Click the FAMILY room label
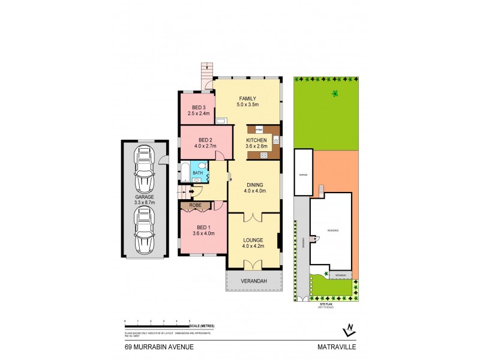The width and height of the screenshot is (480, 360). coord(247,98)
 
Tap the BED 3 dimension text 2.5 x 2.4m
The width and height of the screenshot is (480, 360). coord(199,113)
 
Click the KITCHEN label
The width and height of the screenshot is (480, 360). coord(256,140)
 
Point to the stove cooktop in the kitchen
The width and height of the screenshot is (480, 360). coord(263,155)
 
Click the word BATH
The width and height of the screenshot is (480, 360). coord(197,172)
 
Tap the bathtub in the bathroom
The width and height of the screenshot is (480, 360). coord(184,172)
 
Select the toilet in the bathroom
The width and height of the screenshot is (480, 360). coord(205,166)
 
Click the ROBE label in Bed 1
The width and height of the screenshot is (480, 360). coord(196,205)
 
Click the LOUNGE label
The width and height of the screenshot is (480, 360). coord(254,239)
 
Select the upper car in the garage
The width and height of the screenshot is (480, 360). coord(144,169)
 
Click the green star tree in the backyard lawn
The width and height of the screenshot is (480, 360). coord(334,93)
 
